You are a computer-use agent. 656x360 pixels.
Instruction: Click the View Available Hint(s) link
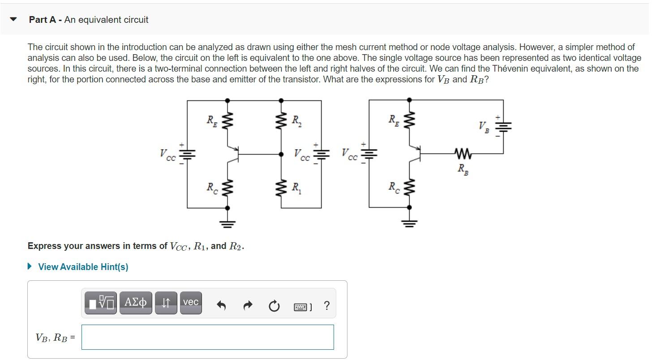(83, 267)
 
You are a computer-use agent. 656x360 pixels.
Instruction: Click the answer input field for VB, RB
(207, 337)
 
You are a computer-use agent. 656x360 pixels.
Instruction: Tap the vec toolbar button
(191, 303)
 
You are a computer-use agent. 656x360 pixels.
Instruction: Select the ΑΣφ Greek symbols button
(136, 303)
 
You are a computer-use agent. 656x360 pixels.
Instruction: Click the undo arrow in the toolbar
(221, 306)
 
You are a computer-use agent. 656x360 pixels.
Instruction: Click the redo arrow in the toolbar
(248, 306)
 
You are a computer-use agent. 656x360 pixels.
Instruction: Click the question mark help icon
(326, 306)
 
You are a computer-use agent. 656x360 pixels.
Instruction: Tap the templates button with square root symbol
(101, 303)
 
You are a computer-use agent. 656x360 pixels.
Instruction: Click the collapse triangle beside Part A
(14, 19)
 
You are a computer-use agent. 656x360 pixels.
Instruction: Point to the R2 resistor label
(296, 120)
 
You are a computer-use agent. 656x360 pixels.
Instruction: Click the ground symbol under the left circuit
(227, 223)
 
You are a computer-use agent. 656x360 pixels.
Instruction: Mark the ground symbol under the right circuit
(409, 223)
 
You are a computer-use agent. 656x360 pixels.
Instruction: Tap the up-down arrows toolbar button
(166, 303)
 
